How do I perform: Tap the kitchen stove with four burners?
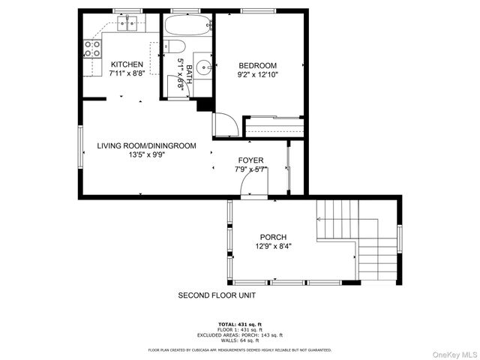[93, 49]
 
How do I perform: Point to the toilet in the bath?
[175, 48]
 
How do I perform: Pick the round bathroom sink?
[203, 62]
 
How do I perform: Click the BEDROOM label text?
[257, 65]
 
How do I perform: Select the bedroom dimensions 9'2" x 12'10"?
[257, 75]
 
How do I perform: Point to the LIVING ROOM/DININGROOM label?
[146, 145]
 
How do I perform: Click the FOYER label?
[250, 160]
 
